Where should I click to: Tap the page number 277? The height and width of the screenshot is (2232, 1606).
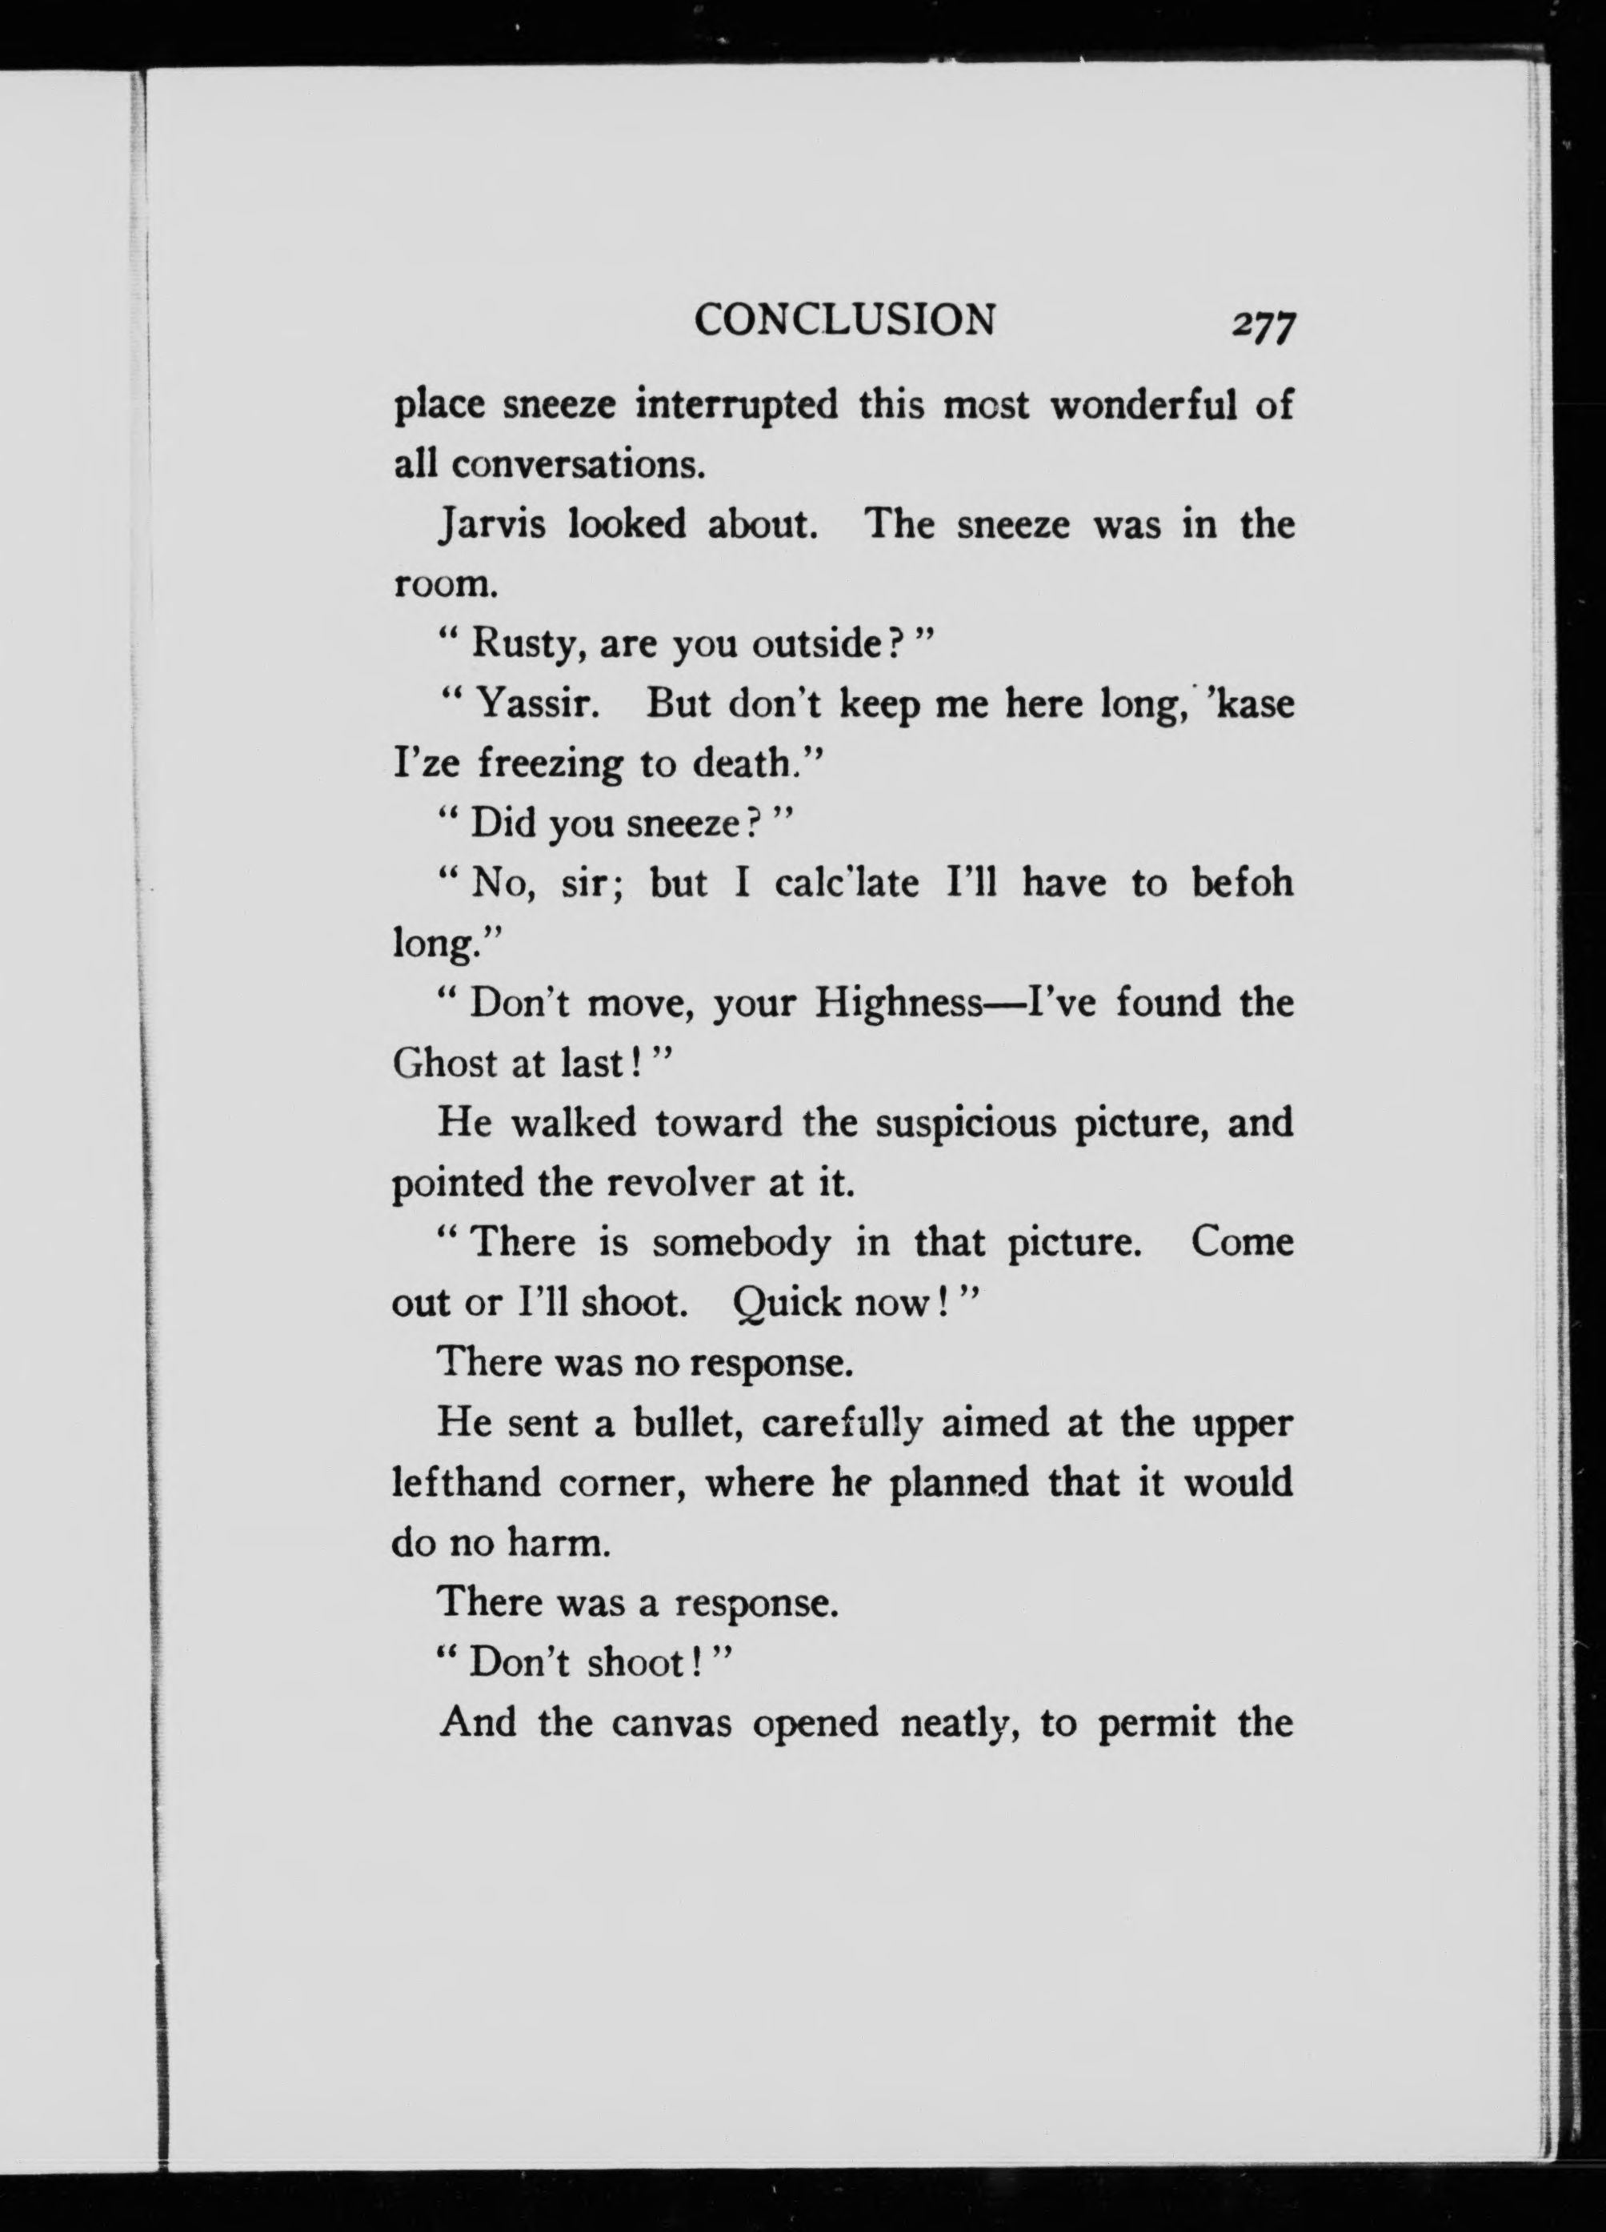[1264, 325]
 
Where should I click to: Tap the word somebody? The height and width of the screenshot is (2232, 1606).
[741, 1243]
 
